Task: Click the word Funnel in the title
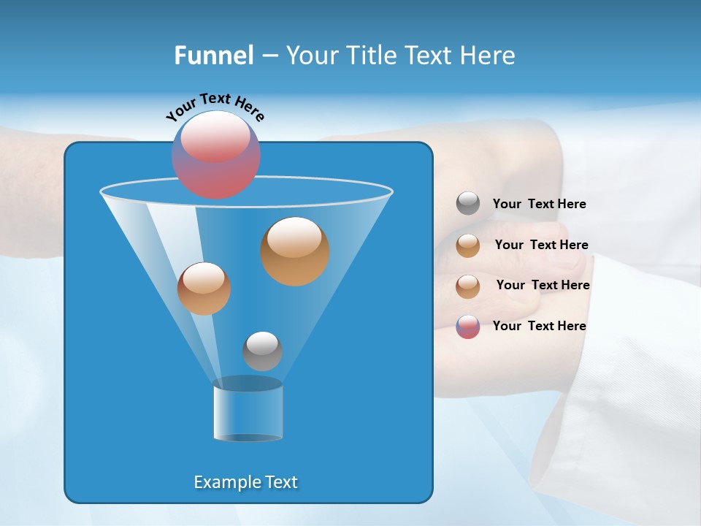pos(213,56)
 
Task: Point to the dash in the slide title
pos(269,56)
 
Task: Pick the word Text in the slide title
pos(429,56)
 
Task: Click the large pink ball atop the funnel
pos(215,155)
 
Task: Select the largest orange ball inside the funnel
pos(295,251)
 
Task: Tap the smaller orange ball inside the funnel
pos(204,289)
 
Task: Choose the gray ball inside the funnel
pos(262,351)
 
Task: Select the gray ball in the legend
pos(468,204)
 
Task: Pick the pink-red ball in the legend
pos(468,327)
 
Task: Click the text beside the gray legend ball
pos(539,205)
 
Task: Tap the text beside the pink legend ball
pos(539,326)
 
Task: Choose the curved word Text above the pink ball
pos(215,99)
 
